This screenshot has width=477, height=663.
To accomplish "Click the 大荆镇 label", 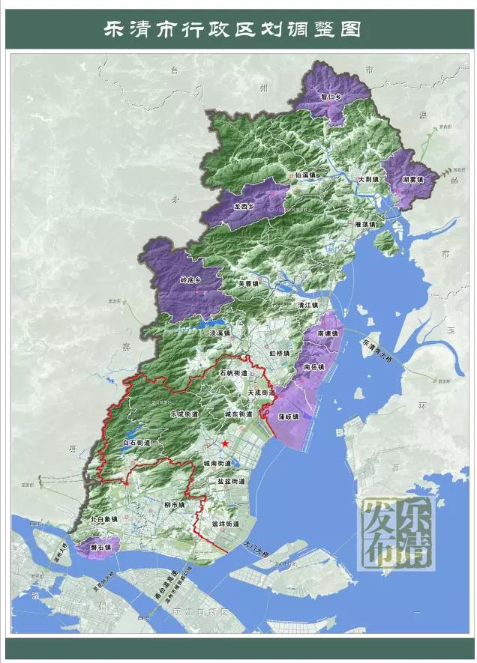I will coord(369,180).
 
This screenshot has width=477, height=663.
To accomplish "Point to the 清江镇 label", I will coord(307,306).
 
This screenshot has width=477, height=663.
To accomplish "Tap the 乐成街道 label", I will coord(184,414).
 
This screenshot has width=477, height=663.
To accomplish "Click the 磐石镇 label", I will coord(98,548).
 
